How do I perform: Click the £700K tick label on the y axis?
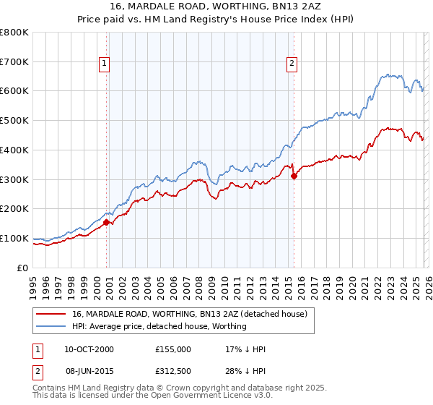click(x=14, y=61)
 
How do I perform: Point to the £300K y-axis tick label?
click(x=14, y=179)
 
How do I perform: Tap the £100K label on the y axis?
click(x=14, y=238)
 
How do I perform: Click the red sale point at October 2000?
click(x=107, y=223)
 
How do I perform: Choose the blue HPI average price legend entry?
click(x=159, y=326)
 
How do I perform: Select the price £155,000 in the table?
click(x=172, y=349)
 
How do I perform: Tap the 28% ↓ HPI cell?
click(x=246, y=371)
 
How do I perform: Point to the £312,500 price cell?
click(x=172, y=371)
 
